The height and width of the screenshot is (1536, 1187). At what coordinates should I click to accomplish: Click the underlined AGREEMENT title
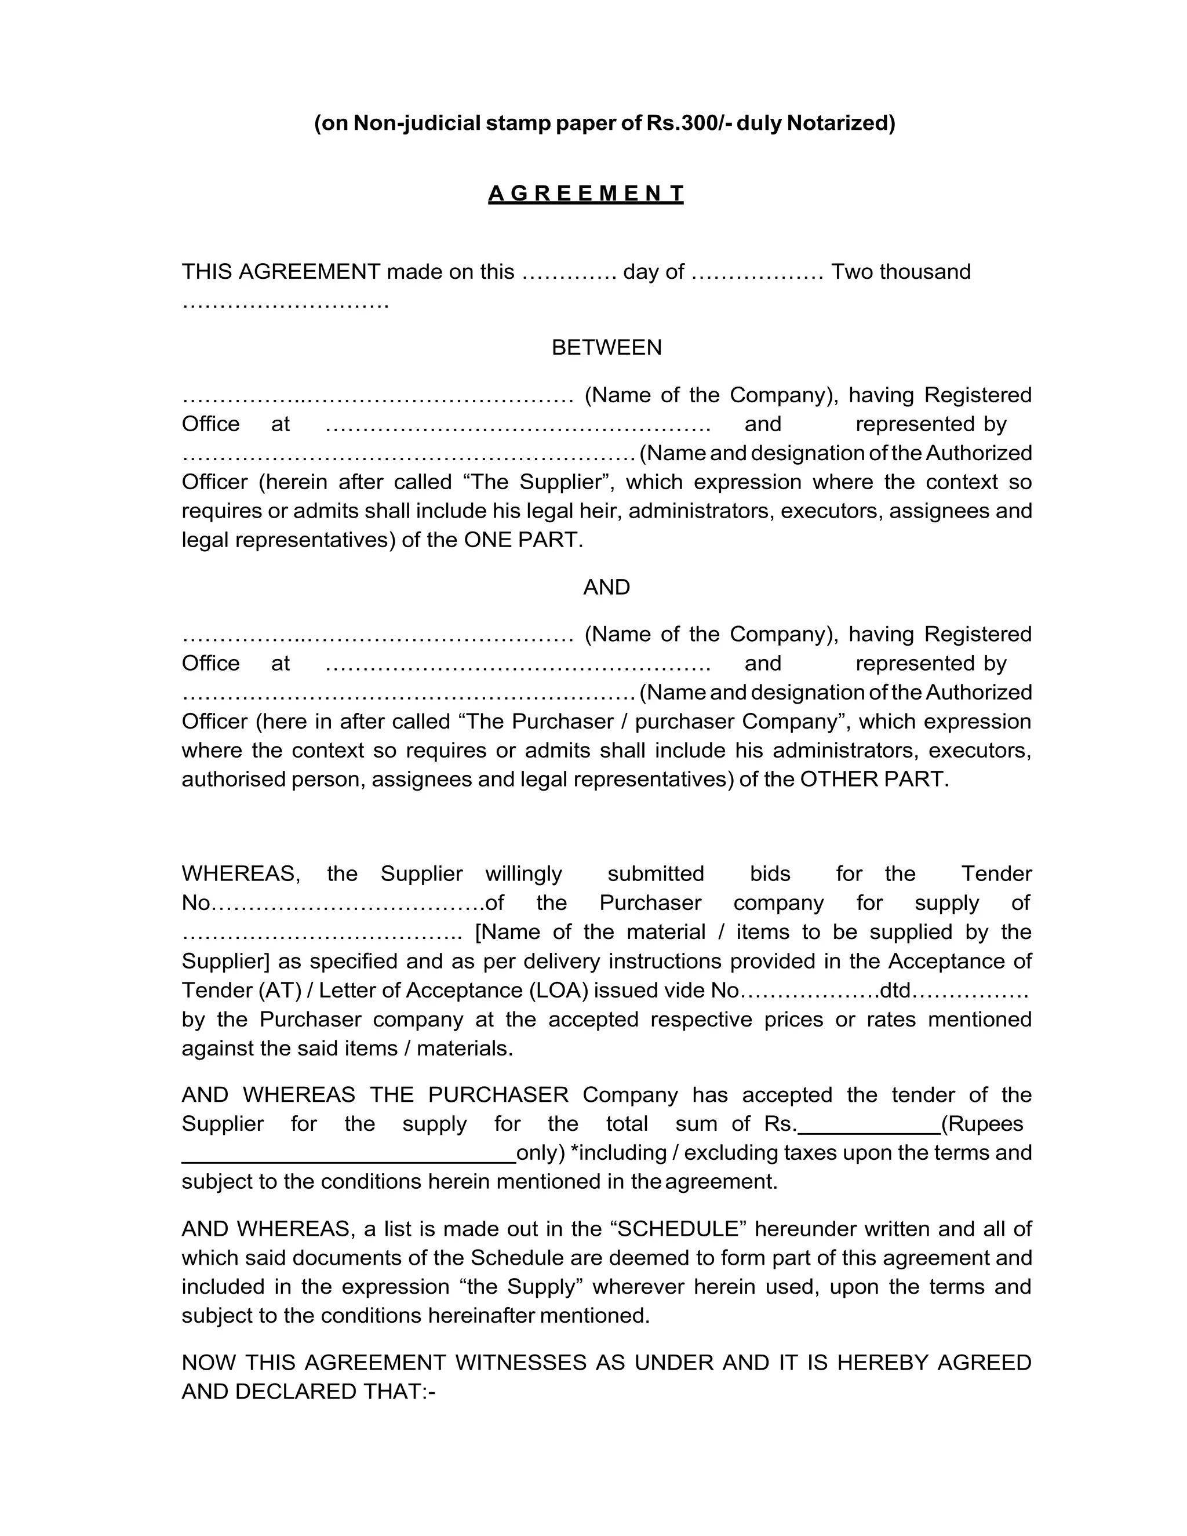(586, 194)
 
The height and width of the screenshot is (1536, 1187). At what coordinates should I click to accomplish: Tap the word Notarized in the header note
(840, 123)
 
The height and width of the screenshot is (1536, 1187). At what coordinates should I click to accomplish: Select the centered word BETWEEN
(606, 347)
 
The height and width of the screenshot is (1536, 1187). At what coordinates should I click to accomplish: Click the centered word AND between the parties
(606, 587)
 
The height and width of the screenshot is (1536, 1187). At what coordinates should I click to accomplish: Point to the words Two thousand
(901, 271)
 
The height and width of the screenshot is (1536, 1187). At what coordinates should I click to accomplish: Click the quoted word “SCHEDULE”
(679, 1229)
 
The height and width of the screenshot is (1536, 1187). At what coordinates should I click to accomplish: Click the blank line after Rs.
(870, 1124)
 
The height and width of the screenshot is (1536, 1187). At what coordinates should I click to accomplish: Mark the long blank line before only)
(349, 1153)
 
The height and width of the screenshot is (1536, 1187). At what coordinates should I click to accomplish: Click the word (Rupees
(982, 1124)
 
